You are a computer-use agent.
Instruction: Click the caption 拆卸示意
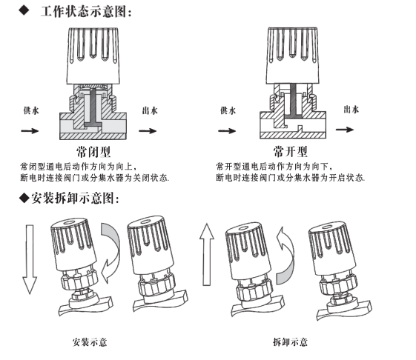[290, 341]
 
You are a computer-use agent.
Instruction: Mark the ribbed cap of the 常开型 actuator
[292, 55]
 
